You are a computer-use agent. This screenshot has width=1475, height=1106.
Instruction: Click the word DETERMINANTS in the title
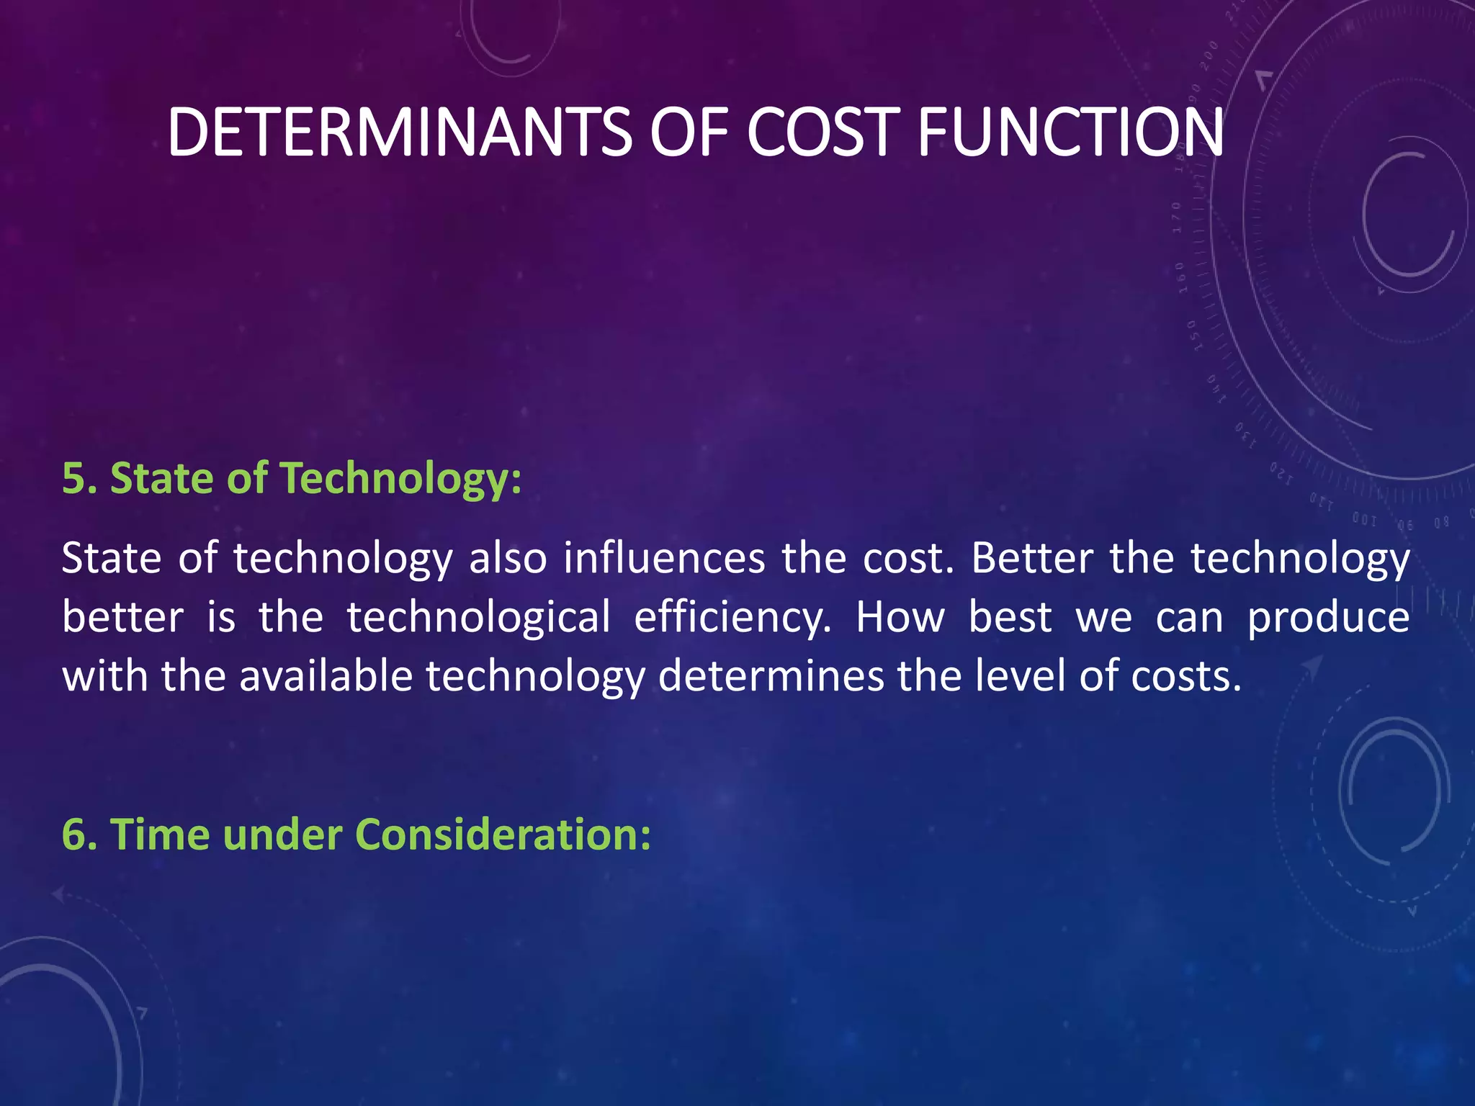pos(399,132)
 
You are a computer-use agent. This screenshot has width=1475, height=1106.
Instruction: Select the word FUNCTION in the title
pos(1070,132)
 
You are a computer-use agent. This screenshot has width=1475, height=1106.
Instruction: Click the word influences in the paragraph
pos(664,559)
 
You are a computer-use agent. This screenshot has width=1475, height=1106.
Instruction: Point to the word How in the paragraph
pos(900,618)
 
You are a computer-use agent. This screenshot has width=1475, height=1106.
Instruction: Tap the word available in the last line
pos(326,677)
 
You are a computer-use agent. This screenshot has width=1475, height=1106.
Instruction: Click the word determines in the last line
pos(771,677)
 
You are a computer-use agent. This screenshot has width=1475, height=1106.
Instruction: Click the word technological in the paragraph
pos(478,619)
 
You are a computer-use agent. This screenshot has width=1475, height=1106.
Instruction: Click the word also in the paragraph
pos(508,559)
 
